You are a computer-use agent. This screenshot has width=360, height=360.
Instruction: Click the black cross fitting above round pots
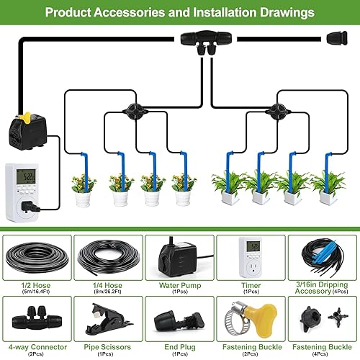pyautogui.click(x=131, y=110)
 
